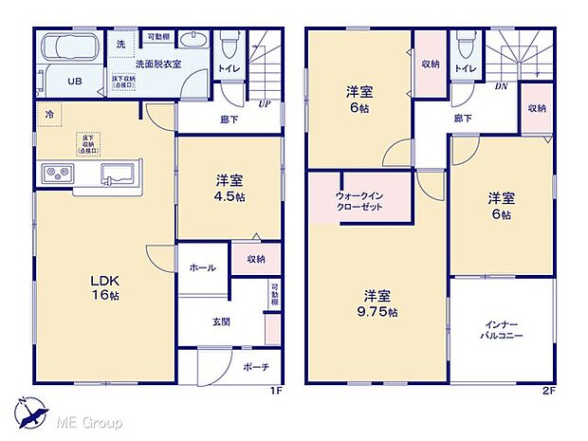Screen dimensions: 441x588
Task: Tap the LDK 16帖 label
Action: coord(105,287)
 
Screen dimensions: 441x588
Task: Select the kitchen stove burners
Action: coord(55,173)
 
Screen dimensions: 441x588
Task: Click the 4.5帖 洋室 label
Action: coord(230,187)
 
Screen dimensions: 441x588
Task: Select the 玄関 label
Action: coord(221,322)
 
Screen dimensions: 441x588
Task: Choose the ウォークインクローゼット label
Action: coord(358,200)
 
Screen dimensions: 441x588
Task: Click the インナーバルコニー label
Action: coord(503,330)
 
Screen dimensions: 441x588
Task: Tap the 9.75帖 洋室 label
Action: coord(377,303)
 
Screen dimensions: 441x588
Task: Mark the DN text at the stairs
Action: coord(500,85)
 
